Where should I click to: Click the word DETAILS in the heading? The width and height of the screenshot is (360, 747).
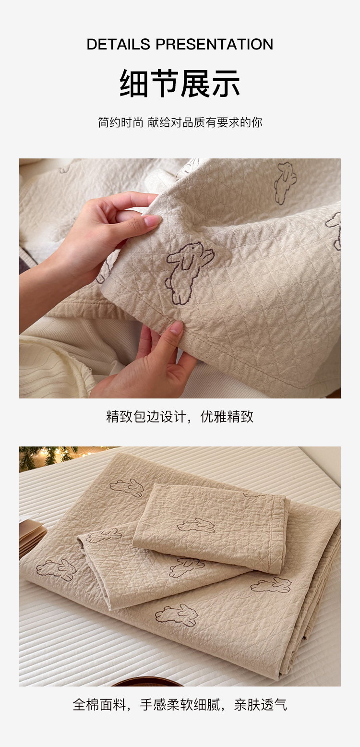pos(119,44)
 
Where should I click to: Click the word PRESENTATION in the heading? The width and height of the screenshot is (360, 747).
pos(215,44)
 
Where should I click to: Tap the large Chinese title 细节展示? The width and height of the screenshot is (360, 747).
pos(180,83)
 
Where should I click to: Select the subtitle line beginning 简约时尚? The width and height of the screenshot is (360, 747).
pos(180,122)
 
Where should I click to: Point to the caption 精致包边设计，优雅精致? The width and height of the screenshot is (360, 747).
pos(180,417)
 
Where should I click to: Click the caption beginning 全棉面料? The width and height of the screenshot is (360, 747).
pos(180,705)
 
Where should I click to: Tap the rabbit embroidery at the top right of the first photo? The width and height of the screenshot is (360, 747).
pos(285,182)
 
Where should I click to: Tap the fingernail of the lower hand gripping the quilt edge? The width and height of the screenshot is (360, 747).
pos(177,328)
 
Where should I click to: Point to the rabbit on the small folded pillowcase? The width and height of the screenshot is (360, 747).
pos(196,525)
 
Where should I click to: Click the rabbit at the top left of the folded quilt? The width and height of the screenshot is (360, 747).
pos(127,487)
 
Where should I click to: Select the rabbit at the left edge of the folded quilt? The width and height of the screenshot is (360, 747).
pos(56,569)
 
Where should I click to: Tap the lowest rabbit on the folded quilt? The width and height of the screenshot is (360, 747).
pos(176,614)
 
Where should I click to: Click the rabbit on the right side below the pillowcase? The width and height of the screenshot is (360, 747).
pos(271,585)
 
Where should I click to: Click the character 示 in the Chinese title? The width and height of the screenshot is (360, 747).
pos(226,83)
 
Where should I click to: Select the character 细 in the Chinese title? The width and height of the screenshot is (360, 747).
pos(134,83)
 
